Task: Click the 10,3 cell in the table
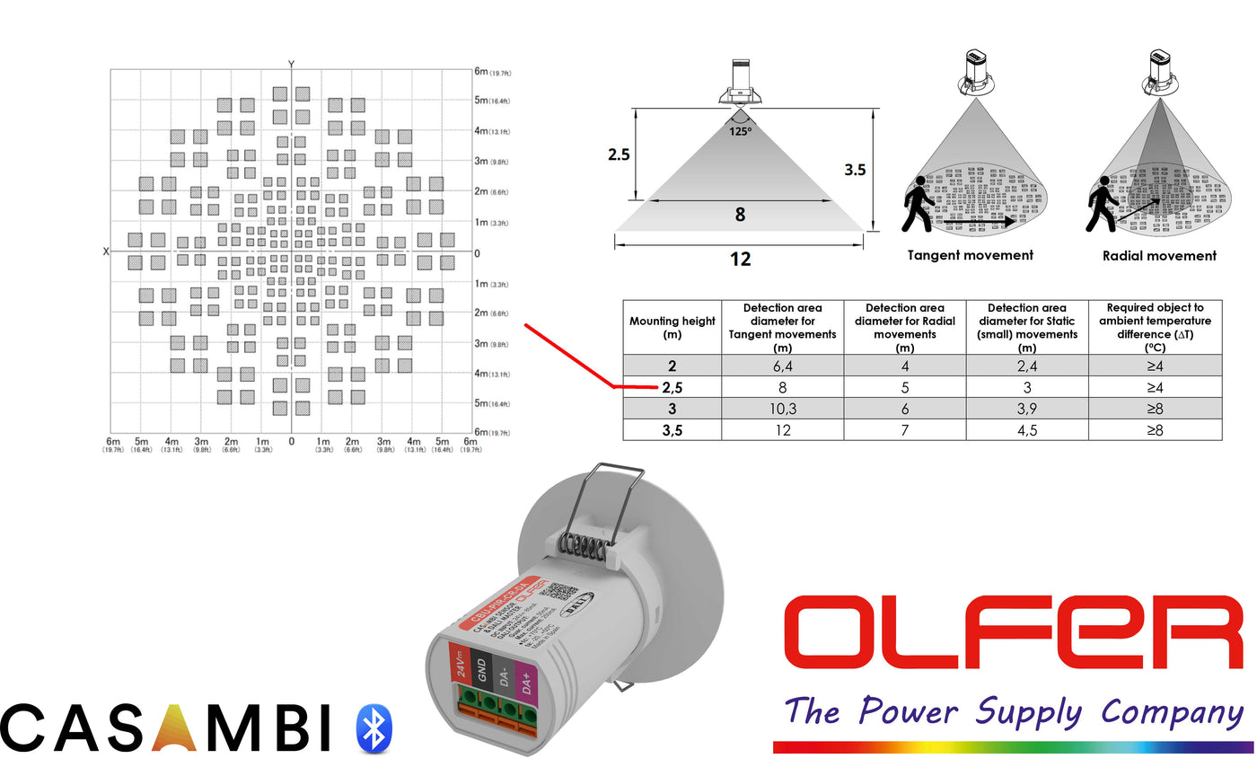(782, 409)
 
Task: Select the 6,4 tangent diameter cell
(782, 366)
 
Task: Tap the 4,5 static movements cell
(1026, 430)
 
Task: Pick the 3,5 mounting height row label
(672, 430)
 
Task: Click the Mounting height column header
(672, 327)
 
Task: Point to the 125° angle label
(741, 130)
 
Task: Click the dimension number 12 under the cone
(740, 259)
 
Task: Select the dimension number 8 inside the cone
(740, 215)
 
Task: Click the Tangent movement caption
(970, 255)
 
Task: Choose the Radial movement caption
(1159, 256)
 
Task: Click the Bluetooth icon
(373, 727)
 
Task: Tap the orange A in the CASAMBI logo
(175, 728)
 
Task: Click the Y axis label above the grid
(291, 63)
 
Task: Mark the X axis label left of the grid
(106, 251)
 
